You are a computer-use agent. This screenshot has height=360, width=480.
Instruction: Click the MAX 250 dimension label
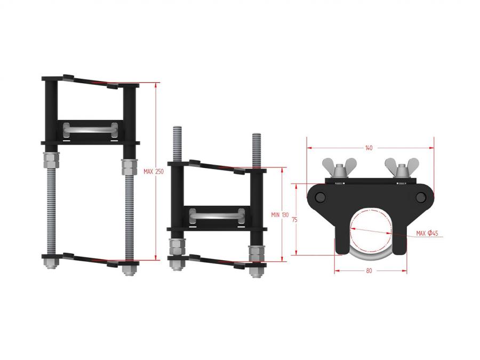click(x=154, y=172)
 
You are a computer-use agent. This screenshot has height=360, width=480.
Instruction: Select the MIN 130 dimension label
click(x=280, y=215)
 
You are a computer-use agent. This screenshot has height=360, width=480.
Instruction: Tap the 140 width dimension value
click(x=369, y=148)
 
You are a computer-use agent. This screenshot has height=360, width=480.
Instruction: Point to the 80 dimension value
click(x=369, y=270)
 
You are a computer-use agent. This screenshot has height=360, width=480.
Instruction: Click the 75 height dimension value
click(x=294, y=220)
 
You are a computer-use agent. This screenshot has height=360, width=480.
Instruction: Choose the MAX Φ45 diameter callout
click(x=427, y=233)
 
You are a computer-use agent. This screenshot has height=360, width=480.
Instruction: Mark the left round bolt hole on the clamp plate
click(x=320, y=197)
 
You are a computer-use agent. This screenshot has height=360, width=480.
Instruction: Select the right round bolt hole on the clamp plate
click(x=421, y=197)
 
